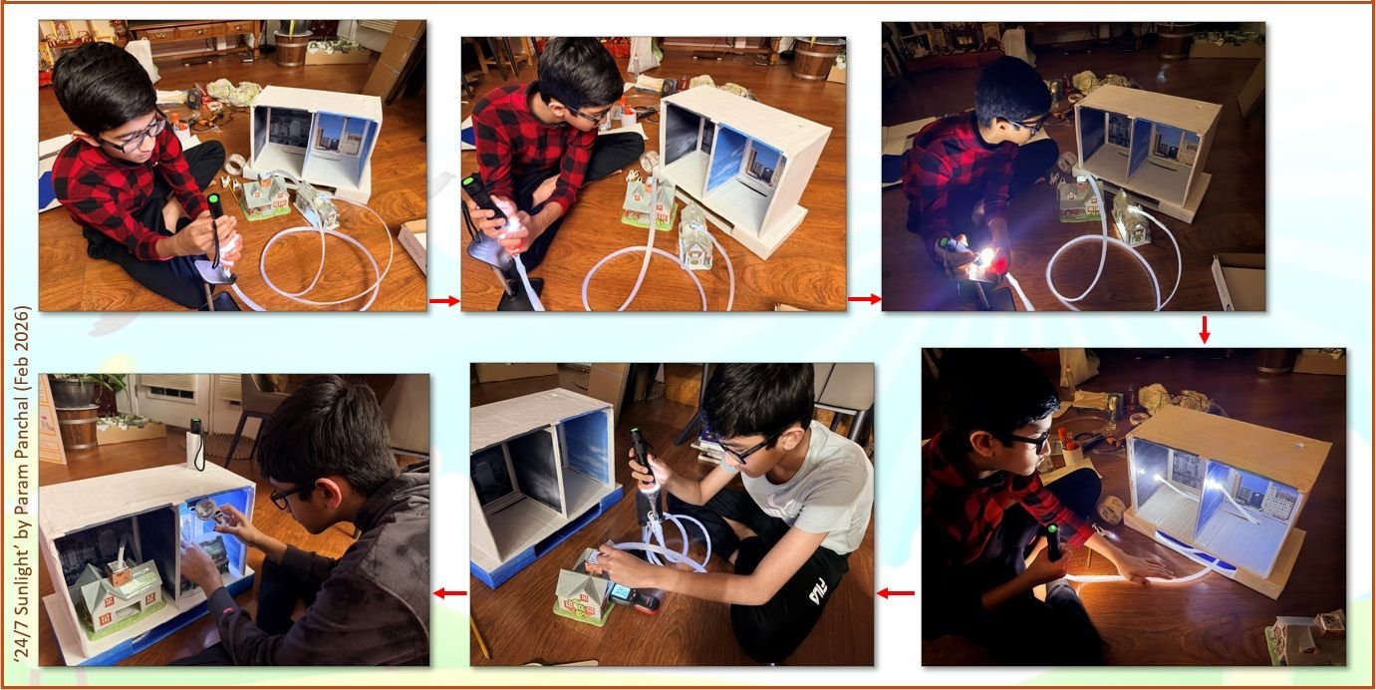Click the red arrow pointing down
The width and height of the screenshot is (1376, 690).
pyautogui.click(x=1204, y=330)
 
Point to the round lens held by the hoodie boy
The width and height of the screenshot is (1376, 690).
pyautogui.click(x=205, y=510)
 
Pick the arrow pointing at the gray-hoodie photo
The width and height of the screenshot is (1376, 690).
pyautogui.click(x=449, y=593)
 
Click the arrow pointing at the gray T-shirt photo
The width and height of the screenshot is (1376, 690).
pyautogui.click(x=895, y=593)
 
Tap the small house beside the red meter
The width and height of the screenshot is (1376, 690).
pyautogui.click(x=582, y=595)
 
